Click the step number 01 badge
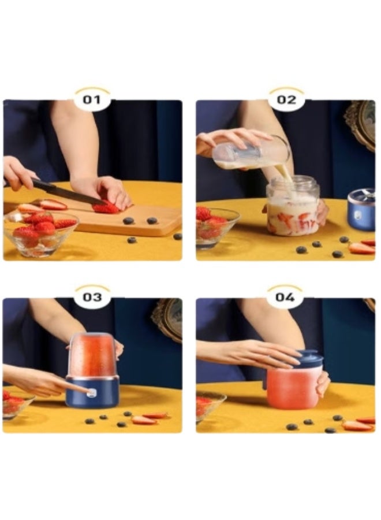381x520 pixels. [x=92, y=99]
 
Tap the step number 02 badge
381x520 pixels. [x=286, y=99]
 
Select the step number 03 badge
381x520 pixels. [x=92, y=296]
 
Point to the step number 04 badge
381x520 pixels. [x=285, y=296]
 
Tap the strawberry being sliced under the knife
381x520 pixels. [x=106, y=208]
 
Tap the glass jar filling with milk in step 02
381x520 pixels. [x=293, y=206]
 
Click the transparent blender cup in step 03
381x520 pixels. [x=92, y=355]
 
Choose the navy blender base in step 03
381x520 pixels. [x=92, y=392]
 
